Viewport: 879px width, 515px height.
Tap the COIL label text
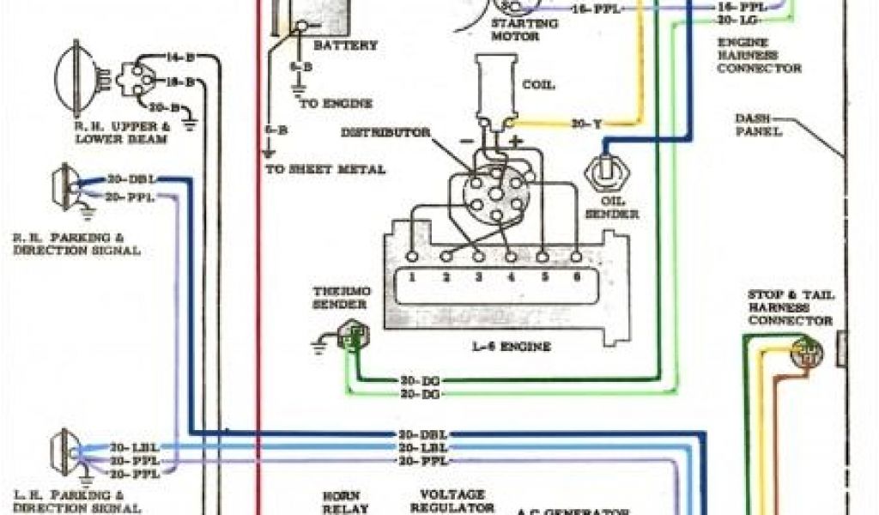(538, 85)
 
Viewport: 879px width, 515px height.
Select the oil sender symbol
(606, 175)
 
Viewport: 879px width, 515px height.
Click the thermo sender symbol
(350, 336)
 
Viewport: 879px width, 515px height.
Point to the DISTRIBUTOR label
(385, 133)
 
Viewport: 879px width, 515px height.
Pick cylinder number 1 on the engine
(413, 278)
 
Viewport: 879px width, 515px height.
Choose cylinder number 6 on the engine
(576, 278)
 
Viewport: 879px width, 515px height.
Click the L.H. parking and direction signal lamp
(62, 452)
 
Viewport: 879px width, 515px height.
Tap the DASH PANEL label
(757, 125)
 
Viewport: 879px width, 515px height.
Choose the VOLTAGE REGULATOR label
(453, 501)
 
